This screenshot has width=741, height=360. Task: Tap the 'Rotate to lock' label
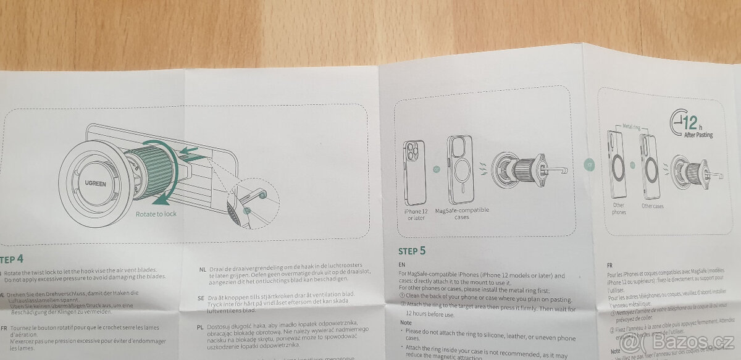[x=156, y=214]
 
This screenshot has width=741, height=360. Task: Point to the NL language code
[x=203, y=269]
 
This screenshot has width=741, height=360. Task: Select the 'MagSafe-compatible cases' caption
[x=462, y=213]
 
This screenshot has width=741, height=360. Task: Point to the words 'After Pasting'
[x=698, y=135]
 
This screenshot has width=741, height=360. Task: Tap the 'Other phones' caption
[x=619, y=209]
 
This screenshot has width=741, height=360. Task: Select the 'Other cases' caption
[x=652, y=206]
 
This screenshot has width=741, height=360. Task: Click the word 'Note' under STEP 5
[x=406, y=322]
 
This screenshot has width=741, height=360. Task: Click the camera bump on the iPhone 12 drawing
[x=412, y=151]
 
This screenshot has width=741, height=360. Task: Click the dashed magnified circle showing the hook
[x=250, y=204]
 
